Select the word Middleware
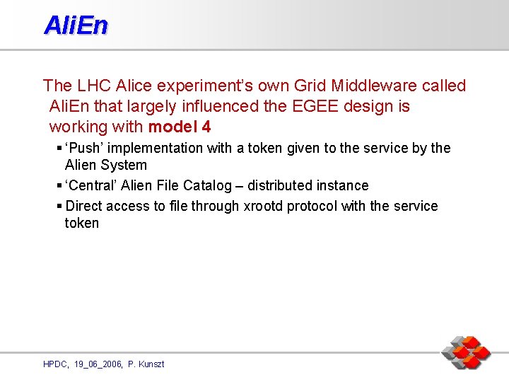point(379,86)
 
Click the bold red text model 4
point(179,127)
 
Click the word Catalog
point(206,185)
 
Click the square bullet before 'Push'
point(58,148)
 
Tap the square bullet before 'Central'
point(58,185)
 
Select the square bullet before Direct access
point(58,206)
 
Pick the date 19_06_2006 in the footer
point(97,364)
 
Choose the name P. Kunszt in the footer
point(146,364)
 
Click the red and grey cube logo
point(466,352)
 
